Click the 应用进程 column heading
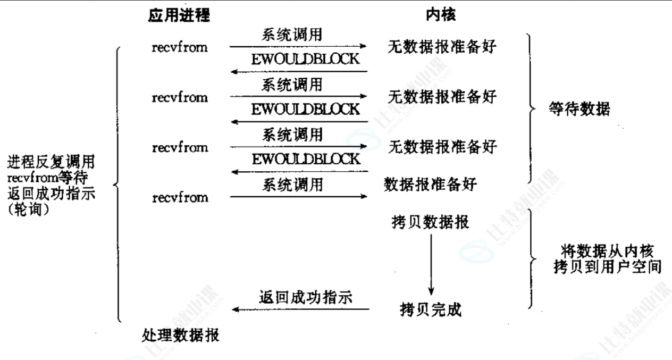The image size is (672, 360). (179, 16)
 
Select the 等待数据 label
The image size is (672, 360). (579, 110)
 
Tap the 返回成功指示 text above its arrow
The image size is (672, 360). (306, 297)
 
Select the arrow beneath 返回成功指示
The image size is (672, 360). (301, 309)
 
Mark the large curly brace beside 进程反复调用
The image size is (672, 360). (117, 184)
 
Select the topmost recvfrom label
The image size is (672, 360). (180, 47)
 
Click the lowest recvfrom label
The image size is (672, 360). (180, 198)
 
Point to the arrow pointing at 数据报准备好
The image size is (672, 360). (298, 197)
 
